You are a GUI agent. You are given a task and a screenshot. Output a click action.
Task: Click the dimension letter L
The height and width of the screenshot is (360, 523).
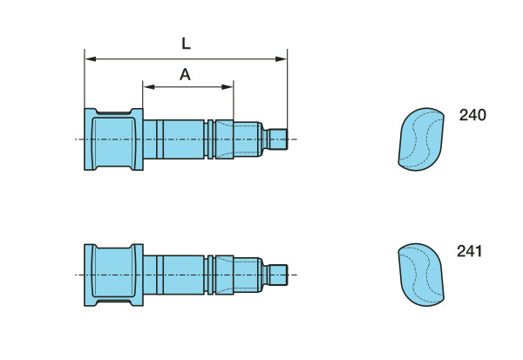(187, 43)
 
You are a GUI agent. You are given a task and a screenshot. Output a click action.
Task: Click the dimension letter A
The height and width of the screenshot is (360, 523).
(185, 75)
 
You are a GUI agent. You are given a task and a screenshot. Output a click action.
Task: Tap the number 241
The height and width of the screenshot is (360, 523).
(469, 252)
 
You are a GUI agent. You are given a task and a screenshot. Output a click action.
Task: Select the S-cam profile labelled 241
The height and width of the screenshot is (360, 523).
(419, 275)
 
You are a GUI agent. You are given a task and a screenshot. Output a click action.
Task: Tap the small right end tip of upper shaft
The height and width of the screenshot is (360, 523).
(278, 139)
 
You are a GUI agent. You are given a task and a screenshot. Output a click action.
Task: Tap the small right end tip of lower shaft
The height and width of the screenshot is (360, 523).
(278, 275)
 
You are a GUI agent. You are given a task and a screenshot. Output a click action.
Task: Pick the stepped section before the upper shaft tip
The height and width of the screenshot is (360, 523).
(248, 139)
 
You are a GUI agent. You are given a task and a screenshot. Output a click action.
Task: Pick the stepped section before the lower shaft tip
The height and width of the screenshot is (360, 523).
(248, 275)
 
